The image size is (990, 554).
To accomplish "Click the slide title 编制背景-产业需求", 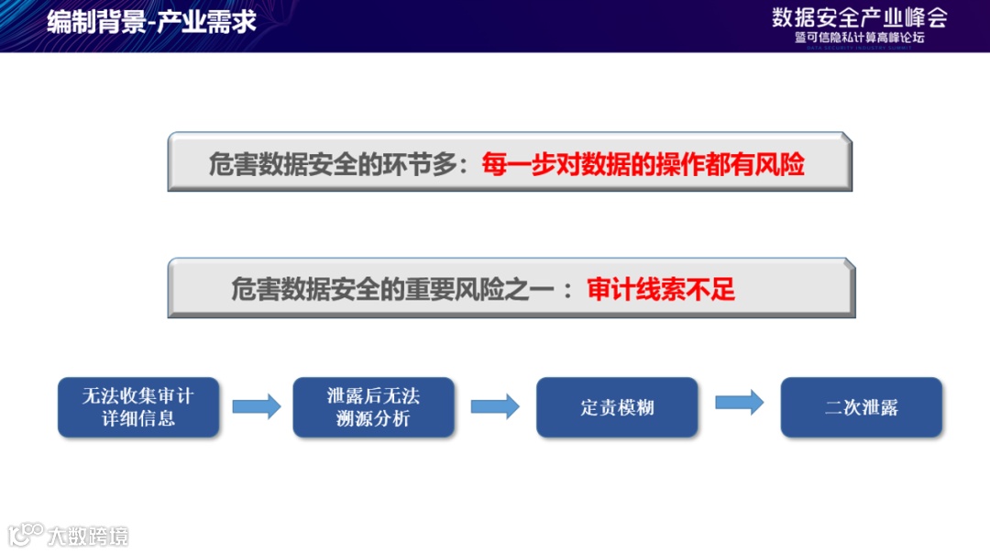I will point(151,22).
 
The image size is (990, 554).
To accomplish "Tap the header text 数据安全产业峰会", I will point(859,17).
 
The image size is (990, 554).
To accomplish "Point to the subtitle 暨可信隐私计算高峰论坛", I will point(859,39).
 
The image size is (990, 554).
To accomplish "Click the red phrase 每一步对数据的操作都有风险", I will point(643,164).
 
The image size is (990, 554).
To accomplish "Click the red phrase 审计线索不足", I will point(661,291).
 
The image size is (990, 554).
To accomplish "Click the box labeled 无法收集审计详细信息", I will point(138,407).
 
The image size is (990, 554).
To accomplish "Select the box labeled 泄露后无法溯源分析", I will point(373,407).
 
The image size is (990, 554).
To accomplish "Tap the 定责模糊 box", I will point(617,407).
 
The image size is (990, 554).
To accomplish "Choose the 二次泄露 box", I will point(861,407).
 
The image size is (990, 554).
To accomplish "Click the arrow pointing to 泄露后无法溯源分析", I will point(256,407).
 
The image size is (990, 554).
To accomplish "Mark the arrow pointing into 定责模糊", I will point(495,407).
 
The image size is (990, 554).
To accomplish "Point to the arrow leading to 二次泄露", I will point(739,402).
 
